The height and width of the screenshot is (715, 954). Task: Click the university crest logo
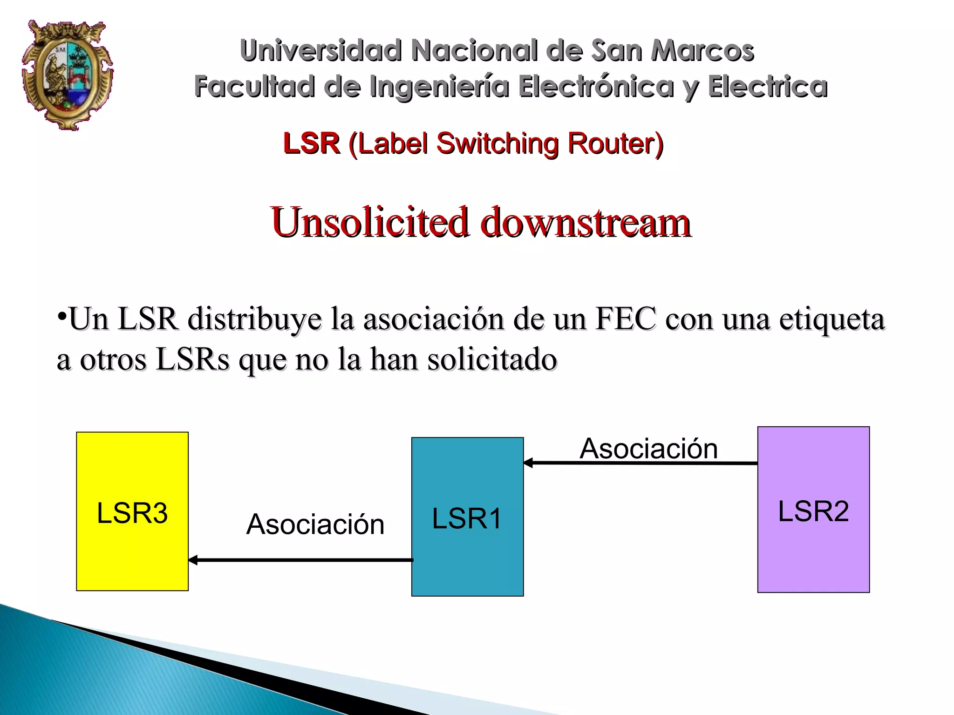click(68, 75)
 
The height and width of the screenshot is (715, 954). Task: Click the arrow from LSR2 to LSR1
click(641, 463)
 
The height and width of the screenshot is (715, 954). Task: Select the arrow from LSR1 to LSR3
click(300, 560)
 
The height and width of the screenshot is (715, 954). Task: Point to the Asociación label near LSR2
click(648, 449)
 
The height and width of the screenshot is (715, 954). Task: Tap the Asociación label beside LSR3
click(315, 524)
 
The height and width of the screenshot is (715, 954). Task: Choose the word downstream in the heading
click(586, 222)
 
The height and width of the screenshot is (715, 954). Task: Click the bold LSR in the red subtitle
click(311, 143)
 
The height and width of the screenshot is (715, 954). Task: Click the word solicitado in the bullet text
click(492, 359)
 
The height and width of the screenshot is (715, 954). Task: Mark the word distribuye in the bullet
click(255, 320)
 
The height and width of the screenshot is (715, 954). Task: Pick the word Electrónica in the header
click(596, 87)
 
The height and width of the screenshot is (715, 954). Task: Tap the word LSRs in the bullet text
click(193, 359)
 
